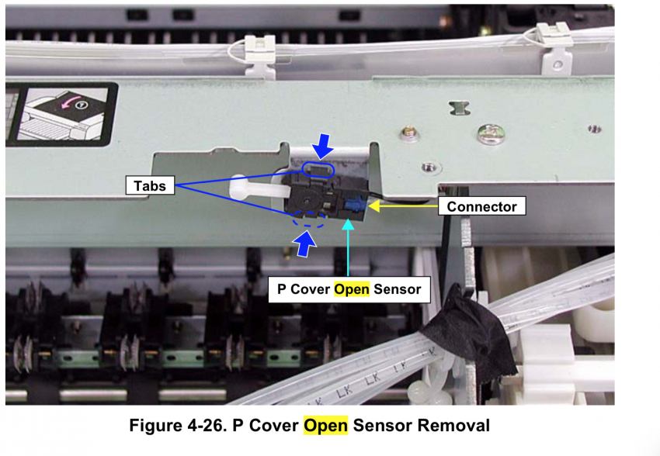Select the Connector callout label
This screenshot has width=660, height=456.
(481, 206)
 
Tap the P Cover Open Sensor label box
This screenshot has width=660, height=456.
(349, 289)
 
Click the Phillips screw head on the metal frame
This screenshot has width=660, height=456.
(491, 134)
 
